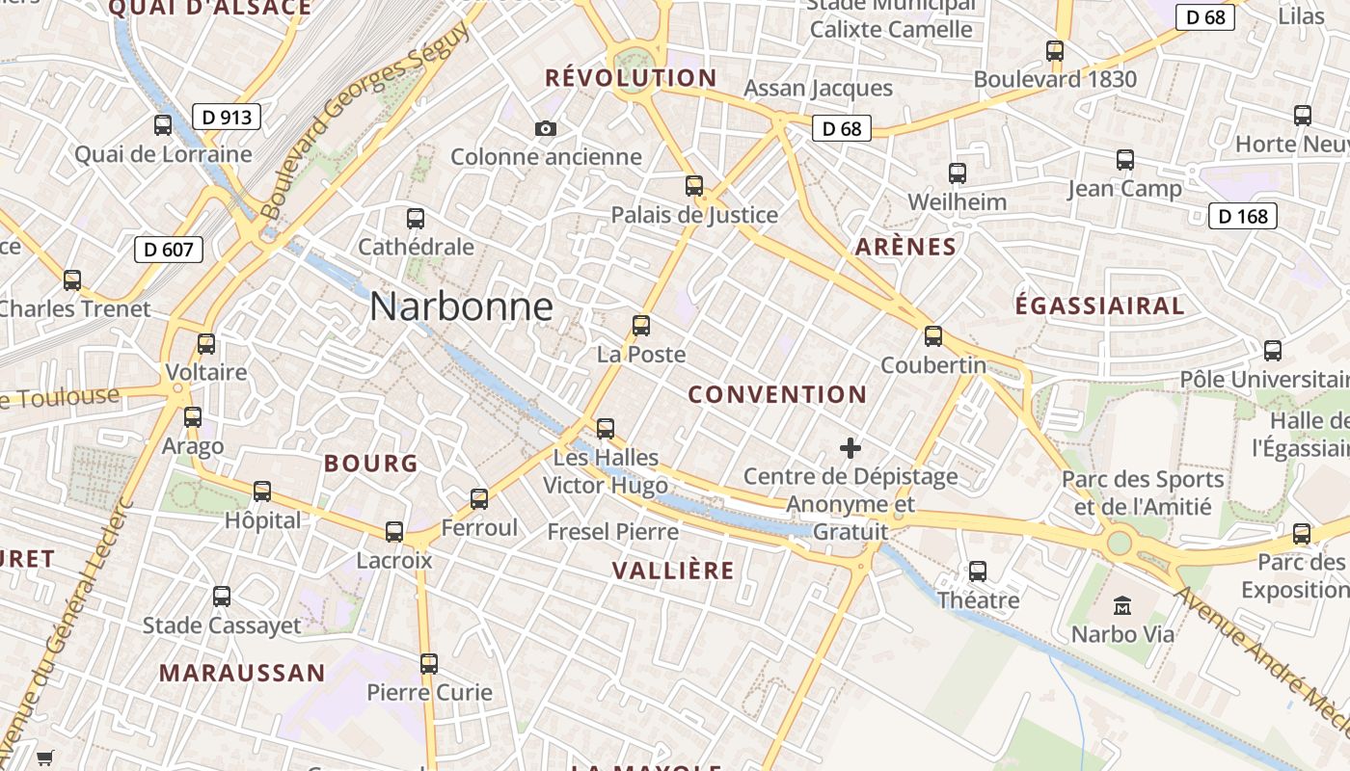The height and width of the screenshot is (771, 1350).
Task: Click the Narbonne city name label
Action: coord(461,306)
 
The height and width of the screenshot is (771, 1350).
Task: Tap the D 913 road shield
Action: coord(227,118)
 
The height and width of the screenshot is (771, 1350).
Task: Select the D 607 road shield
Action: coord(169,250)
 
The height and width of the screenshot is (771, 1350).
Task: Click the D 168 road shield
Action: coord(1242,216)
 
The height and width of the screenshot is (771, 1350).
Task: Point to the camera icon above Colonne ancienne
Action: coord(545,128)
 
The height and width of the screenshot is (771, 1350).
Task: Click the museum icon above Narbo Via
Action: coord(1122,606)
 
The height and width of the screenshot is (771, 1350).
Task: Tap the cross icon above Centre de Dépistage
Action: coord(850,448)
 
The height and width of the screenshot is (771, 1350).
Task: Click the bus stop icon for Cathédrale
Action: coord(416,219)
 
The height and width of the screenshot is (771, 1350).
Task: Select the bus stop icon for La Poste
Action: coord(641,326)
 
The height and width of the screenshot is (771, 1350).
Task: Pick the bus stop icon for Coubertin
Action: coord(932,336)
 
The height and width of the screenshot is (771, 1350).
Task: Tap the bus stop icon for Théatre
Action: coord(978,572)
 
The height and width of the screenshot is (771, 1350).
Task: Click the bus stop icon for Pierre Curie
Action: coord(429,664)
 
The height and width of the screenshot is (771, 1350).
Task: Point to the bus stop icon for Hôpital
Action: coord(262,492)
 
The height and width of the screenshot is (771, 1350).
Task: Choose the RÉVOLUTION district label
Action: coord(631,78)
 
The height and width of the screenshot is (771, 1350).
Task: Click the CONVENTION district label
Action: coord(777,394)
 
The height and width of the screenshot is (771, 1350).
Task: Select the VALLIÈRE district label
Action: coord(673,571)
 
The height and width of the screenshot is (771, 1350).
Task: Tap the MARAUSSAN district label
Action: coord(242,673)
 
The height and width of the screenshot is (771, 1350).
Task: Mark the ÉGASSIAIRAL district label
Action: coord(1099,306)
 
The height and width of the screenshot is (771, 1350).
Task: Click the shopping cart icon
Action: coord(44,758)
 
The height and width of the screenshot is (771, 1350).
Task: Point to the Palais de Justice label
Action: coord(694,215)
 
